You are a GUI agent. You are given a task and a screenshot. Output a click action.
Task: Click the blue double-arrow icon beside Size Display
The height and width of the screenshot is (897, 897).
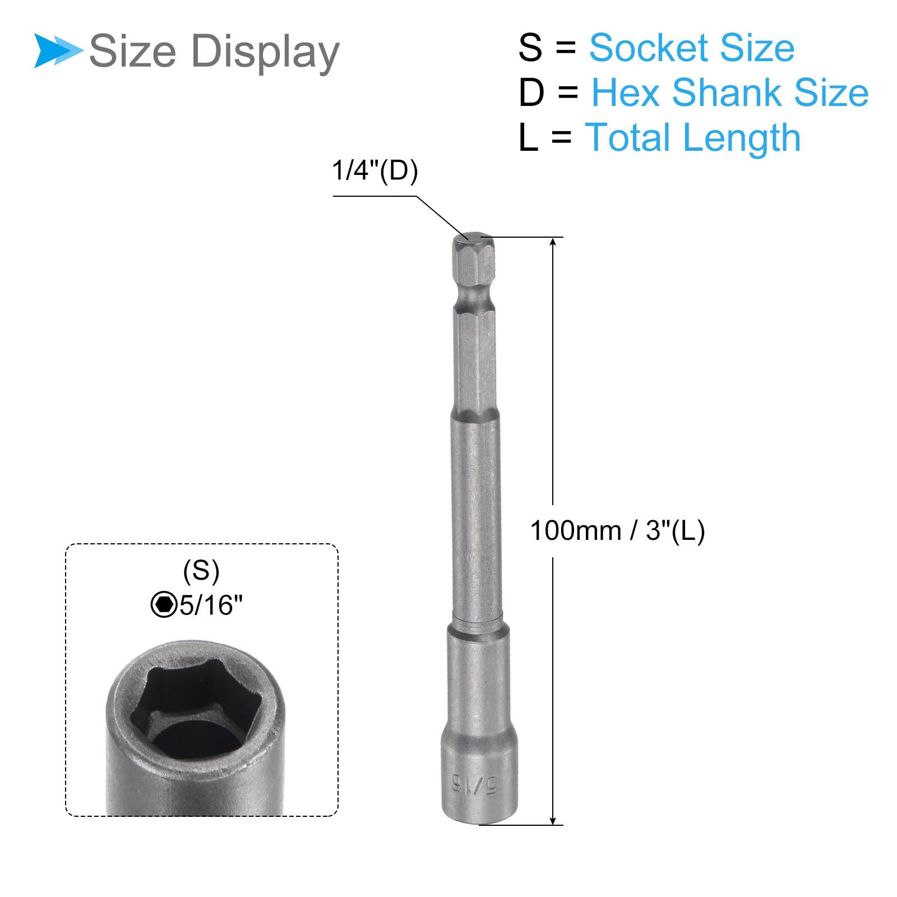(58, 51)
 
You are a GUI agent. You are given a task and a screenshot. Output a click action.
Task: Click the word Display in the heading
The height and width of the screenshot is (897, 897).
(265, 52)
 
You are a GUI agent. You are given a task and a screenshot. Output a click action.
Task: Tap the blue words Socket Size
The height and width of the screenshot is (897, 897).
(692, 48)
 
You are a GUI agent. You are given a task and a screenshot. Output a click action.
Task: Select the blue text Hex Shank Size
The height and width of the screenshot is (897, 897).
(730, 93)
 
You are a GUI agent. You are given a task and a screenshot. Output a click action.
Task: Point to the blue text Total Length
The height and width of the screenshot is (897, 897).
(693, 138)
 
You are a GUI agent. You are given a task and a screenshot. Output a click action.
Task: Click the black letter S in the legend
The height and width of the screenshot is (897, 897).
(530, 48)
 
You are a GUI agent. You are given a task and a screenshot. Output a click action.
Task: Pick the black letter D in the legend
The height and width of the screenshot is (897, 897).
(531, 93)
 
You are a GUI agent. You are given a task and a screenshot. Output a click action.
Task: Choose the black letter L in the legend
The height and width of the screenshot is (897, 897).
(528, 138)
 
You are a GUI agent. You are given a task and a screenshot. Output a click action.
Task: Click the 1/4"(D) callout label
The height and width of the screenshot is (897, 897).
(375, 170)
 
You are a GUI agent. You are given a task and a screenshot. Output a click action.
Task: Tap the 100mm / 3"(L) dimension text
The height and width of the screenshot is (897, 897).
(617, 531)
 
